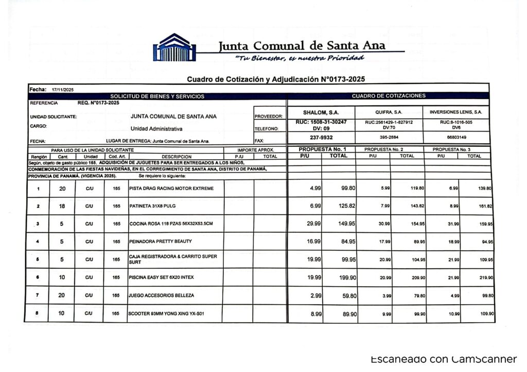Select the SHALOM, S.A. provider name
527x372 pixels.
pyautogui.click(x=321, y=112)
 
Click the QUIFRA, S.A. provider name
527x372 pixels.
pyautogui.click(x=389, y=112)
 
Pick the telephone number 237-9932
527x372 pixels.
pyautogui.click(x=321, y=137)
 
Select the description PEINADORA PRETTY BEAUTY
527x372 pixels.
pyautogui.click(x=160, y=241)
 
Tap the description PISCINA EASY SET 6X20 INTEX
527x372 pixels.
pyautogui.click(x=162, y=277)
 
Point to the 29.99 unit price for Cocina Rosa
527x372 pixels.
pyautogui.click(x=314, y=224)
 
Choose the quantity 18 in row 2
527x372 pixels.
pyautogui.click(x=61, y=206)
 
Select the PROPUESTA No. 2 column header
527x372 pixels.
pyautogui.click(x=389, y=150)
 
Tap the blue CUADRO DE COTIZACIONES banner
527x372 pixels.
pyautogui.click(x=389, y=96)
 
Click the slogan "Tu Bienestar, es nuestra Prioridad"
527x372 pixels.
pyautogui.click(x=300, y=58)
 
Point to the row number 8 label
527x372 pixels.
pyautogui.click(x=38, y=313)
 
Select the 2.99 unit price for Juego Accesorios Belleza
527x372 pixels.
pyautogui.click(x=314, y=295)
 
